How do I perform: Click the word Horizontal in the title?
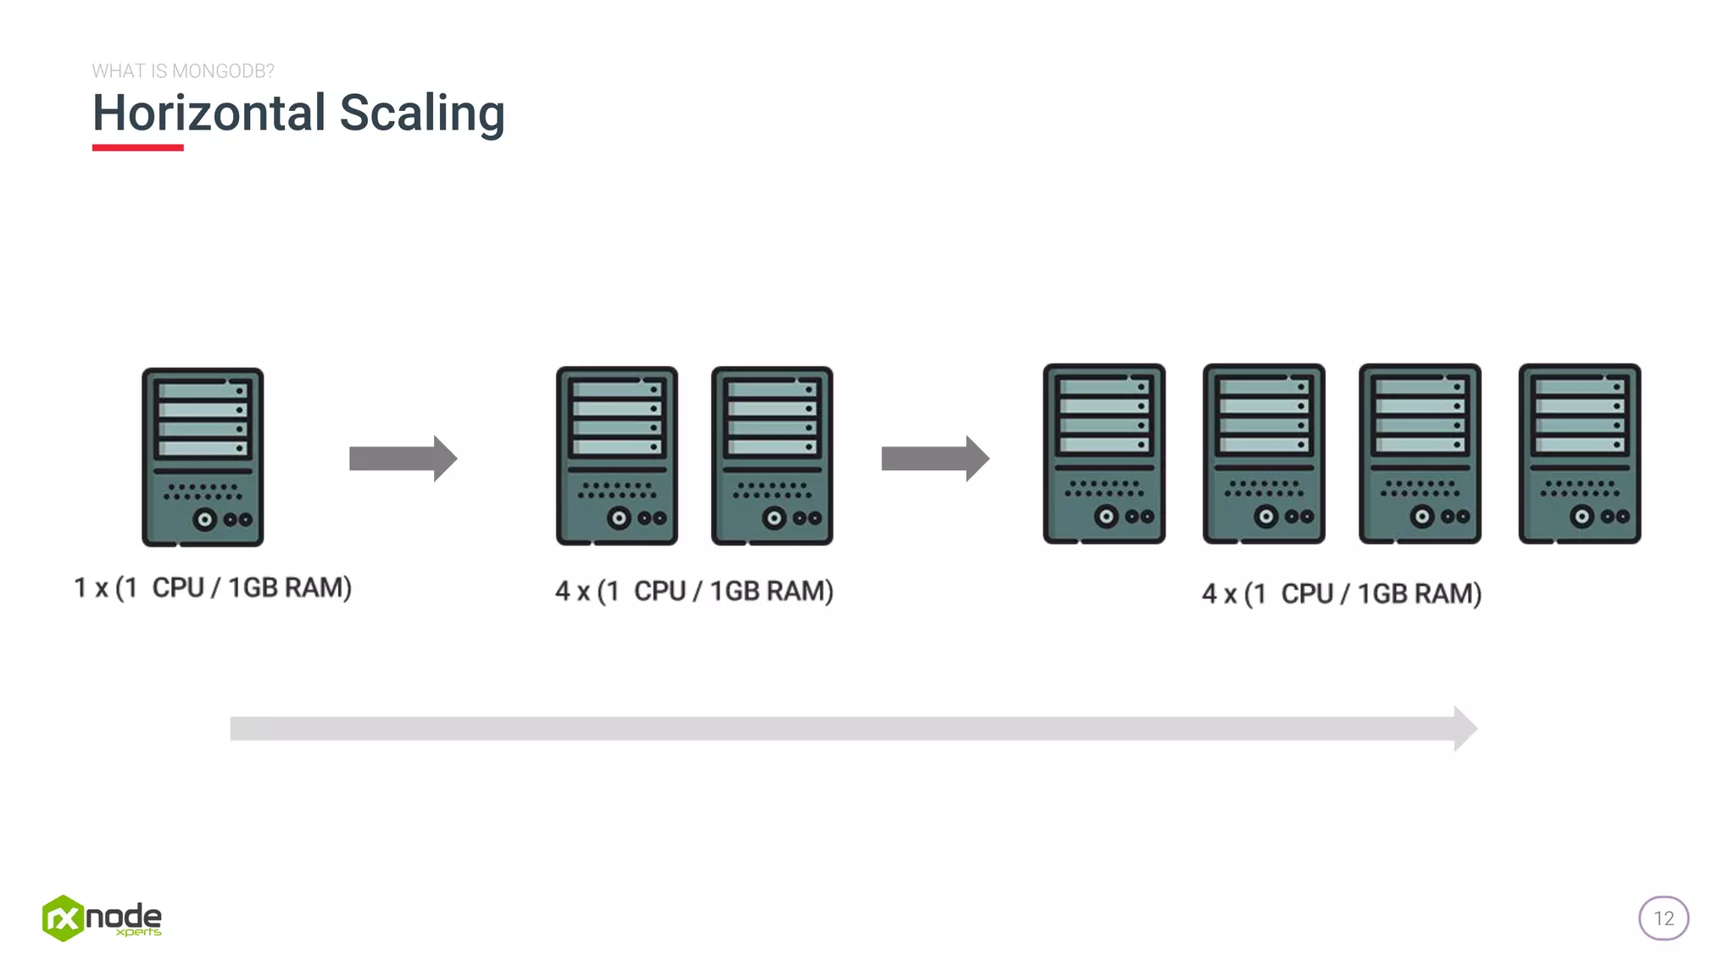[x=209, y=113]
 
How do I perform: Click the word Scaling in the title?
[x=421, y=114]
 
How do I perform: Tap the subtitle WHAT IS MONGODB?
[x=183, y=71]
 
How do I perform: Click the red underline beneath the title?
[x=137, y=147]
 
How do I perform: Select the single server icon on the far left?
[x=203, y=457]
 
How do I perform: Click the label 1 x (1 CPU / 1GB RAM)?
[x=213, y=587]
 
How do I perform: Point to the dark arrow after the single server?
[x=403, y=458]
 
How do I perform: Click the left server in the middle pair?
[x=616, y=456]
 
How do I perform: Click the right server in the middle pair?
[x=771, y=456]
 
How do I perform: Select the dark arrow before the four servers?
[x=934, y=458]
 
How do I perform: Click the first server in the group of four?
[x=1104, y=453]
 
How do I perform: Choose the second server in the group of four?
[x=1263, y=453]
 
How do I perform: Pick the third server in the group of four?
[x=1420, y=453]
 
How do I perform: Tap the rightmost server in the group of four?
[x=1579, y=453]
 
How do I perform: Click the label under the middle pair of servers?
[x=694, y=591]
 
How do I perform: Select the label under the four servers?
[x=1341, y=593]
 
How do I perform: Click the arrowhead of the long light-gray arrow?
[x=1465, y=729]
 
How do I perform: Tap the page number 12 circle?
[x=1663, y=918]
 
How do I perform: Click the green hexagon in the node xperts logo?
[x=63, y=918]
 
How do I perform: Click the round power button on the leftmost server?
[x=204, y=519]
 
